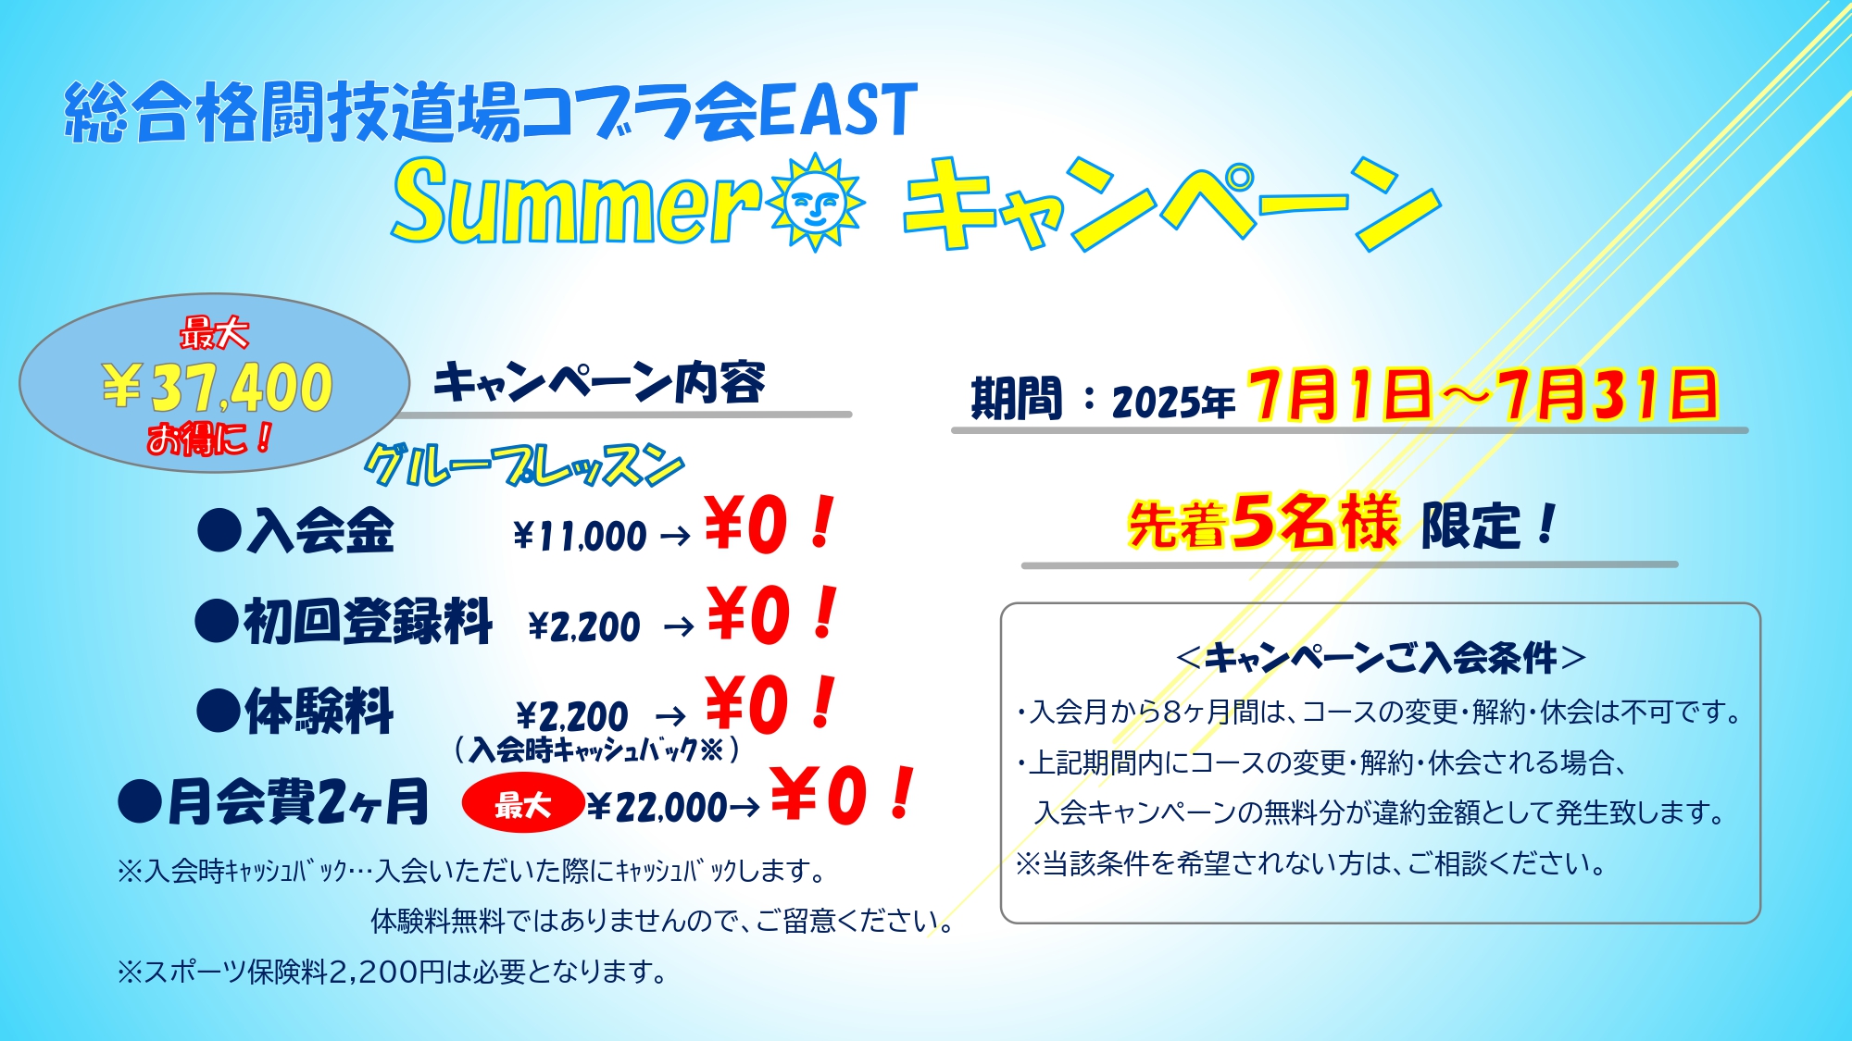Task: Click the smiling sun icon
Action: [815, 202]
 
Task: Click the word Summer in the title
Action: [575, 201]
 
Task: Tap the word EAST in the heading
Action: [838, 111]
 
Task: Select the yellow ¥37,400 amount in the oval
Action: [218, 387]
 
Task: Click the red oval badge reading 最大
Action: [523, 803]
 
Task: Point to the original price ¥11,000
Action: [580, 536]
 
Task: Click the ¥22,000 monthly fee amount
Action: [657, 807]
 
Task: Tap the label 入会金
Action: [320, 531]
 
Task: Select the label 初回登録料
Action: [368, 620]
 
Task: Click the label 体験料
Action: [319, 711]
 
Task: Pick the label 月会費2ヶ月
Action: [297, 801]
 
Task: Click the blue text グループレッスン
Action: [524, 465]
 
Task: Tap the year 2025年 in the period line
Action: [1173, 402]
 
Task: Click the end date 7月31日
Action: [1609, 395]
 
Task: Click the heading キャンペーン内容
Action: [599, 382]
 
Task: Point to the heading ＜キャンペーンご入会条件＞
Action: [1380, 658]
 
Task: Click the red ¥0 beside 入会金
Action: [746, 525]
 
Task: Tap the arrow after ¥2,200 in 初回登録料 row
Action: [679, 627]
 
